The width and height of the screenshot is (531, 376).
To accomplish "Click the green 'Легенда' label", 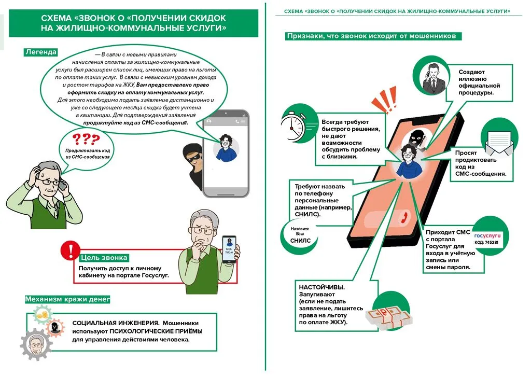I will pyautogui.click(x=40, y=52).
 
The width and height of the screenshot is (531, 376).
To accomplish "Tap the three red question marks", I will pyautogui.click(x=85, y=139).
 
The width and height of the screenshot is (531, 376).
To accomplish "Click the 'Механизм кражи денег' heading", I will pyautogui.click(x=67, y=299).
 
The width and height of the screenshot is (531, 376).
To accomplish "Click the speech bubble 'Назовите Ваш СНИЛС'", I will pyautogui.click(x=300, y=234).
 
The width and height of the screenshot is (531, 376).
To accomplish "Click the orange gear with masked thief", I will pyautogui.click(x=53, y=327).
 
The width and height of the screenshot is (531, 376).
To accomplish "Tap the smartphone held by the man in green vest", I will pyautogui.click(x=229, y=250).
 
